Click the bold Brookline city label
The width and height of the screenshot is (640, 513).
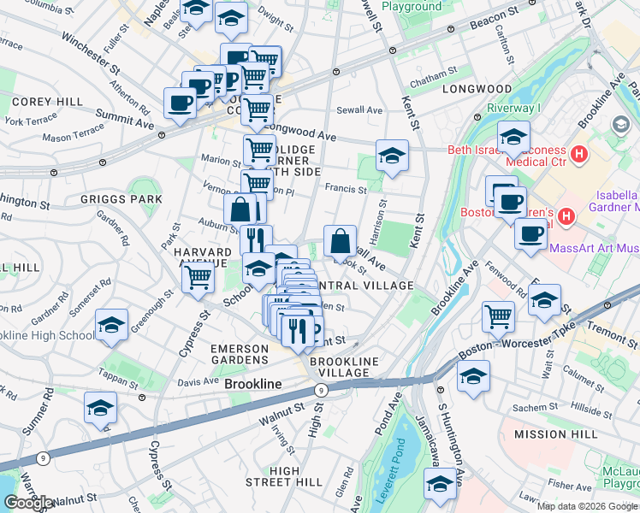(252, 385)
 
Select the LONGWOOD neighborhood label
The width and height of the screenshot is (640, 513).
(477, 89)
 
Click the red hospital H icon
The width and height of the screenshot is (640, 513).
(580, 155)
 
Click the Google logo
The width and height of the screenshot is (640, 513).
(27, 503)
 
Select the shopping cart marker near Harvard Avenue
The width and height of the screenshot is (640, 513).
(198, 276)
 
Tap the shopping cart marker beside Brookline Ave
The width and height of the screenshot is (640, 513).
(498, 316)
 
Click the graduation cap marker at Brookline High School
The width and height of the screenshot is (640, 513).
(110, 326)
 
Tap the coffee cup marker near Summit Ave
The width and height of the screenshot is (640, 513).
(180, 103)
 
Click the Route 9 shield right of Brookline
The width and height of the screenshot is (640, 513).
(320, 390)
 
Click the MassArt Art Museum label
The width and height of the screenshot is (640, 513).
(592, 248)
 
